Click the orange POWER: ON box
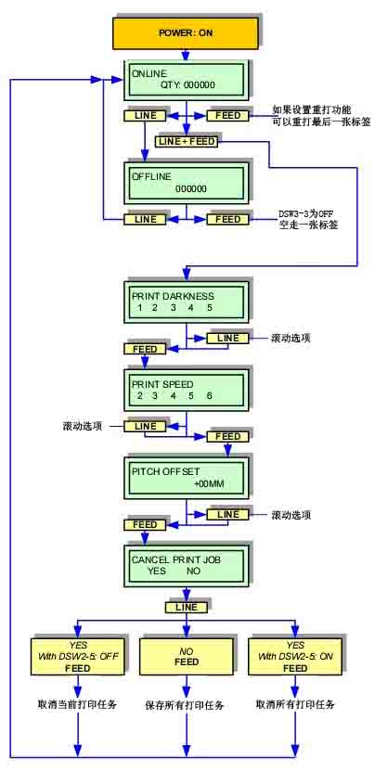[186, 33]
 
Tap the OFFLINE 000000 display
[187, 182]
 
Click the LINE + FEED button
[187, 141]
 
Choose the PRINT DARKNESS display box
[187, 302]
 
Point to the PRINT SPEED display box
[187, 387]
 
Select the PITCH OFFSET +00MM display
[187, 477]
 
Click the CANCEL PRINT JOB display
[187, 564]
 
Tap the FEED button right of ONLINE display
[227, 116]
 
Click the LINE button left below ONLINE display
[146, 116]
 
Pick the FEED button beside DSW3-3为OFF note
[227, 219]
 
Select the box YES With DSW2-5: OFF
[78, 657]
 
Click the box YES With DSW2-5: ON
[295, 657]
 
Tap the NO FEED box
[187, 657]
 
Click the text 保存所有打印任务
[187, 704]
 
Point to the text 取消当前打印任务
[79, 704]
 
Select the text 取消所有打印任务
[295, 704]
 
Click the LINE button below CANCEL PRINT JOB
[187, 607]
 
